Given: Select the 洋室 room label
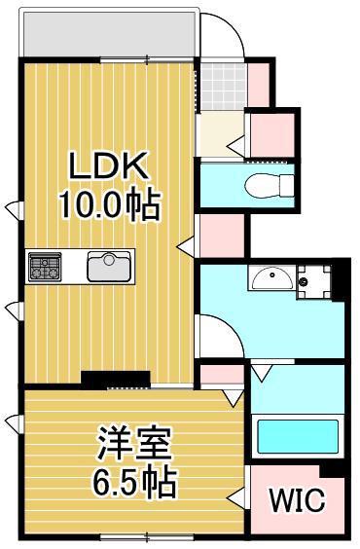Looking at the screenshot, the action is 135,444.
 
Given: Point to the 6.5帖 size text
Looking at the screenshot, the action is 134,482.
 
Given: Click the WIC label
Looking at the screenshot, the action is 297,500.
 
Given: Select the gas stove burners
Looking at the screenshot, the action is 45,266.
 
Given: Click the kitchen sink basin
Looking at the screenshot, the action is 109,266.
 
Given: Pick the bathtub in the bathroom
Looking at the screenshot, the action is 298,436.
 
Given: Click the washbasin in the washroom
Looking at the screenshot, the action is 270,276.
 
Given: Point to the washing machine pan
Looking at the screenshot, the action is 313,281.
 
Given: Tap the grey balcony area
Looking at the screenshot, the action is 109,34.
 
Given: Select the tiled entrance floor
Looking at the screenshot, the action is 224,86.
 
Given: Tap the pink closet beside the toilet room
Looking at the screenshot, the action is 272,134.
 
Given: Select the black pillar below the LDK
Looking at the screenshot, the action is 116,380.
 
